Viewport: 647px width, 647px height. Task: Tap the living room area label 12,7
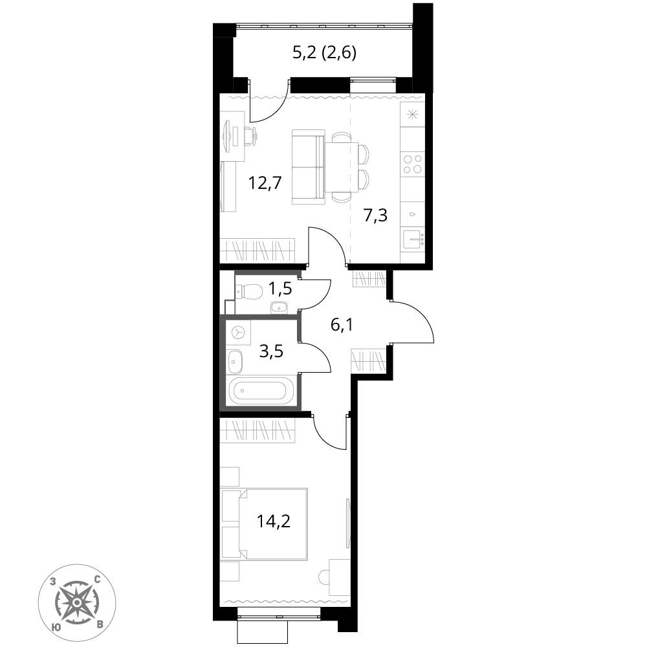(x=265, y=182)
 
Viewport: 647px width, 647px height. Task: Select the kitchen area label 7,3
(x=375, y=215)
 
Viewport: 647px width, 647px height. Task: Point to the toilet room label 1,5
(x=280, y=289)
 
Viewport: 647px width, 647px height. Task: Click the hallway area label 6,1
(x=342, y=325)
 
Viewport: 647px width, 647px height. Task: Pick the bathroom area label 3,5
(x=271, y=351)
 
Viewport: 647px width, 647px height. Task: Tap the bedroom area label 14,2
(x=274, y=521)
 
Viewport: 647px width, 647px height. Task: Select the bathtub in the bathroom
(x=260, y=390)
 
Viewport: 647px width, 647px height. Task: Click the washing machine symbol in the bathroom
(x=238, y=333)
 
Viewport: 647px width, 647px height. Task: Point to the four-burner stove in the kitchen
(x=413, y=164)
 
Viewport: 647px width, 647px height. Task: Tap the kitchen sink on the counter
(x=413, y=240)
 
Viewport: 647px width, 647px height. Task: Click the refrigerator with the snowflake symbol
(x=412, y=115)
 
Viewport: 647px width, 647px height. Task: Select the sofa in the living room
(x=308, y=167)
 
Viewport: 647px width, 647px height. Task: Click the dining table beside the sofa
(x=342, y=167)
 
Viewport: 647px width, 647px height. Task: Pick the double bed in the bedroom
(x=265, y=524)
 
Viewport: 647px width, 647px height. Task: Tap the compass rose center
(x=77, y=602)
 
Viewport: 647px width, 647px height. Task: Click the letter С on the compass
(x=98, y=580)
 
